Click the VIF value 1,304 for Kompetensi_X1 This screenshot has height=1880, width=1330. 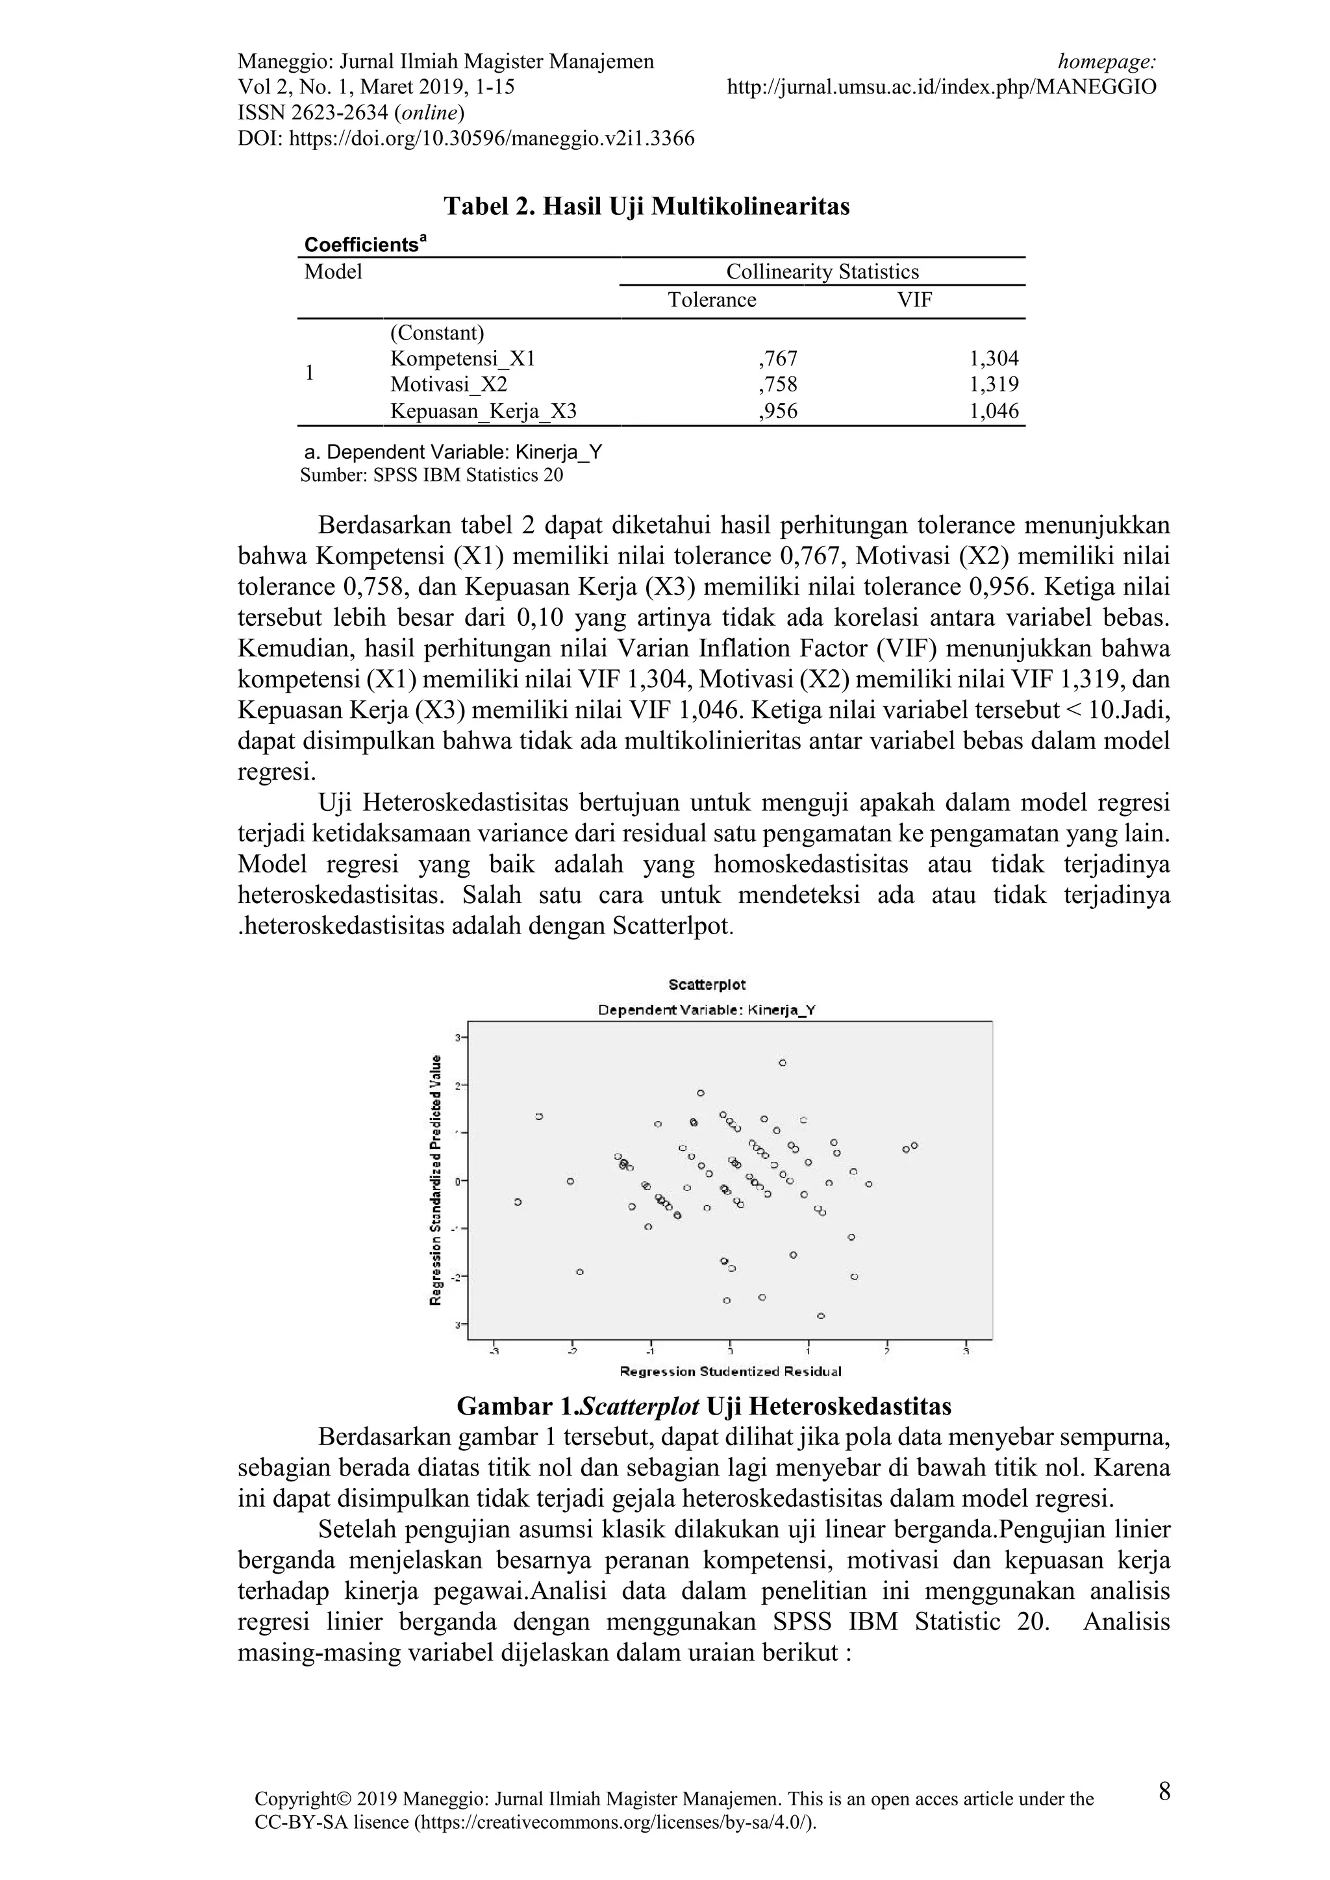click(x=994, y=358)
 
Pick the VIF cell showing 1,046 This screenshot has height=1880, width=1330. click(x=994, y=411)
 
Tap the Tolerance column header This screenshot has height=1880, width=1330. click(x=712, y=300)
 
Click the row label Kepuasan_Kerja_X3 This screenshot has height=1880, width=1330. click(x=483, y=411)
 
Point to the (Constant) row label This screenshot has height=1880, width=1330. click(x=437, y=333)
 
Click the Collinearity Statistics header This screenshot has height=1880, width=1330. click(x=822, y=272)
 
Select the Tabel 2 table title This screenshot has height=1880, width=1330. click(x=646, y=206)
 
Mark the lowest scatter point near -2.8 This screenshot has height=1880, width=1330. click(x=821, y=1316)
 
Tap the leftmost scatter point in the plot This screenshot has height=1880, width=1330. click(x=518, y=1202)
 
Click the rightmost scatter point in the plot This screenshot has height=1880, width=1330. click(x=915, y=1146)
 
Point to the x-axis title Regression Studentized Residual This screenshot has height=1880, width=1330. click(x=731, y=1372)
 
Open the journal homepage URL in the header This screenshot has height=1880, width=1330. click(x=942, y=87)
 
